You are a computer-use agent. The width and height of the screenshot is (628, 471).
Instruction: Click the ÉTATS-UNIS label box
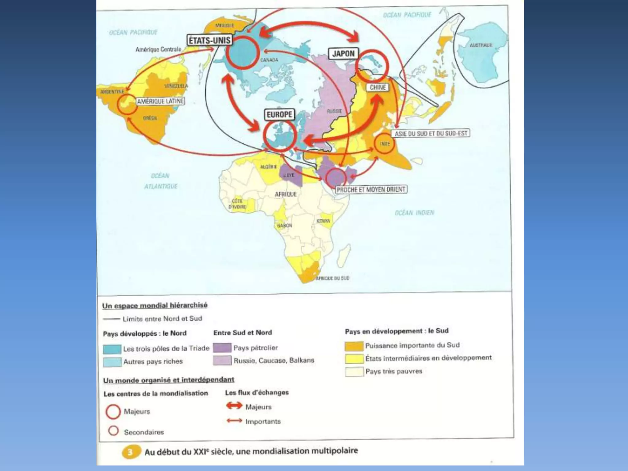coord(209,40)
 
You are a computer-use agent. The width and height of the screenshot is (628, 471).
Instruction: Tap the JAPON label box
coord(343,54)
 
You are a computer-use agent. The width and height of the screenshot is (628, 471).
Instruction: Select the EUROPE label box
coord(279,115)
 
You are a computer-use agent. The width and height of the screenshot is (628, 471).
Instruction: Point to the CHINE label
coord(377,87)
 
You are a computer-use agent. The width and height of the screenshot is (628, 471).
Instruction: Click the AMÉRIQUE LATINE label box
coord(160,101)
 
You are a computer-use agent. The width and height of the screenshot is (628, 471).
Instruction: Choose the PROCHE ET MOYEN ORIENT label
coord(371,190)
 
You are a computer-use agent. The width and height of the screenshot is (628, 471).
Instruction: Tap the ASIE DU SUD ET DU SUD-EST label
coord(431,133)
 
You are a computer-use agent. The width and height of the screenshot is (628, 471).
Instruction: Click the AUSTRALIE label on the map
coord(481,45)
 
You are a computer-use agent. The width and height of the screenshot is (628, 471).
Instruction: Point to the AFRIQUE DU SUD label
coord(332,278)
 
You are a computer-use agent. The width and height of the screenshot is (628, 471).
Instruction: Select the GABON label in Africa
coord(285,225)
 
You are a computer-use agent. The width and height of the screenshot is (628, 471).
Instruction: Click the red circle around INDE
coord(385,144)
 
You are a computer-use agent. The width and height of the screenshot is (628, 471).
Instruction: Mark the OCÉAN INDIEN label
coord(414,213)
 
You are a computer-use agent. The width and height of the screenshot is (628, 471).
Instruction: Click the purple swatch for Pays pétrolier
coord(222,348)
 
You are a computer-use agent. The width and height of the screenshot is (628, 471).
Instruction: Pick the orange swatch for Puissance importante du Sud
coord(354,346)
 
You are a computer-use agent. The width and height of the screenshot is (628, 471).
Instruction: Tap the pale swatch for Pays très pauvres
coord(354,372)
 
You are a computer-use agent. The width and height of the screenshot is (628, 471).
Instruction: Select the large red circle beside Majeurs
coord(113,412)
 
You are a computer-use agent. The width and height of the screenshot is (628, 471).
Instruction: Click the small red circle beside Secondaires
coord(113,431)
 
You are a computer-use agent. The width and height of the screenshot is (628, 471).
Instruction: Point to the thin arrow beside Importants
coord(235,421)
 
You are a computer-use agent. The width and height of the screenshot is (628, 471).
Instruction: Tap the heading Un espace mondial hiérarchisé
coord(155,305)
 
